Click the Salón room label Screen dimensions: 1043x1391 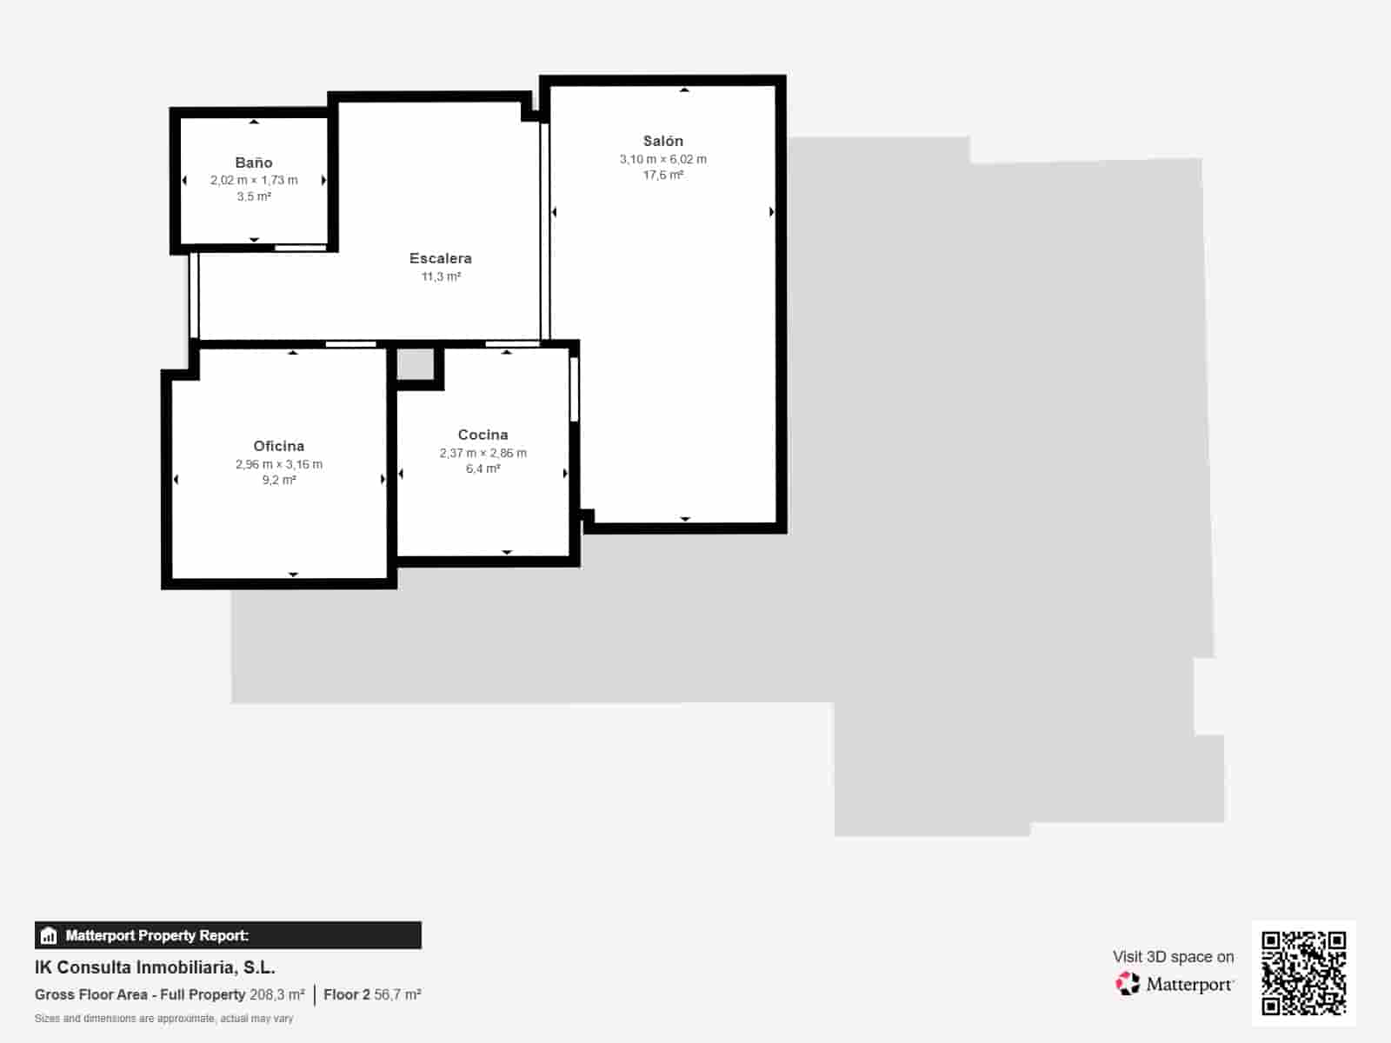(662, 141)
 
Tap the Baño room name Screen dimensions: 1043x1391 (254, 163)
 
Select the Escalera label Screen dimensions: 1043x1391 (441, 258)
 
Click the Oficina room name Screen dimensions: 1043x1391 (278, 446)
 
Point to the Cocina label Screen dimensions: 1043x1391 (483, 435)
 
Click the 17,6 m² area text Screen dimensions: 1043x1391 (662, 175)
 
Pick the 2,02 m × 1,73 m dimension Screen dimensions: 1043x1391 (254, 180)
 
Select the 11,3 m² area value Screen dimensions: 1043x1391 (441, 276)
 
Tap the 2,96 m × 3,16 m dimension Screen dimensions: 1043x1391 (278, 464)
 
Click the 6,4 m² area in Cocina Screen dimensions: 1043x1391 (483, 468)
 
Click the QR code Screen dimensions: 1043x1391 (1303, 973)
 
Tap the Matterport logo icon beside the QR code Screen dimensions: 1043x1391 (1128, 984)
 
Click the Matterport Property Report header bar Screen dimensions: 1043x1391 (228, 935)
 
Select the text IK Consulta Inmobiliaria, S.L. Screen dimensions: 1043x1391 (155, 967)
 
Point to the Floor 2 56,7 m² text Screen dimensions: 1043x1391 (372, 994)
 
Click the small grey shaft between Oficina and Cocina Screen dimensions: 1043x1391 (416, 364)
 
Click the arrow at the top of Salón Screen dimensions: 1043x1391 (684, 90)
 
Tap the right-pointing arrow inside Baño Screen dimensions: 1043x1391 (323, 180)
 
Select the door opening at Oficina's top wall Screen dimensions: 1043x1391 (350, 344)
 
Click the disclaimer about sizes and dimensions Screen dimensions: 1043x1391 (163, 1019)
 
